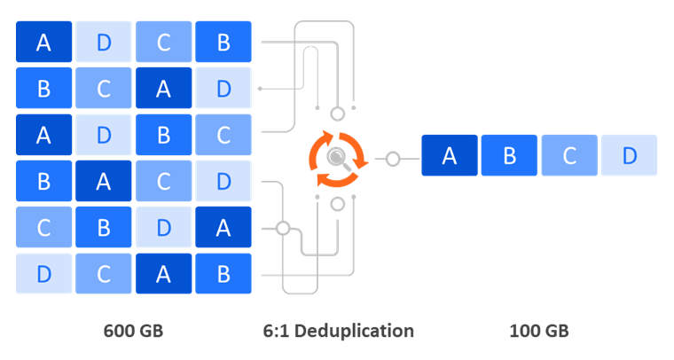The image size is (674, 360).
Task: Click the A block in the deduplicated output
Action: point(450,156)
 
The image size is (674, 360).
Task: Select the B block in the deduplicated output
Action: point(509,156)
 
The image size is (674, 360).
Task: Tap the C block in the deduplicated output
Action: point(569,156)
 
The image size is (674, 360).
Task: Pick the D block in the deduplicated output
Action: point(629,156)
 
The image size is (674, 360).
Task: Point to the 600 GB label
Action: point(134,331)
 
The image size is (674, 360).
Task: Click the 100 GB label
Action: point(539,331)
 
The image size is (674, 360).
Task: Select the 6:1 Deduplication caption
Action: point(338,331)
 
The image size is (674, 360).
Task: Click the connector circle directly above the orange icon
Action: point(337,113)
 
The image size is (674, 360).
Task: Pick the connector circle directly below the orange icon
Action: point(337,205)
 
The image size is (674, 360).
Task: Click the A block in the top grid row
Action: point(43,42)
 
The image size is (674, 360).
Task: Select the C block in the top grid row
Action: point(163,42)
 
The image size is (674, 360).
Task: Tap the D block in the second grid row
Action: point(223,88)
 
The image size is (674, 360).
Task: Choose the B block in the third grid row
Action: point(163,134)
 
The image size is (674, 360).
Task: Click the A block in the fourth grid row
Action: point(103,181)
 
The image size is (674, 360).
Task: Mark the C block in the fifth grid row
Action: point(43,227)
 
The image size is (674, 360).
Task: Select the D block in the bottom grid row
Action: point(43,274)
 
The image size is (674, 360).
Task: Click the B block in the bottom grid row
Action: point(223,274)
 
